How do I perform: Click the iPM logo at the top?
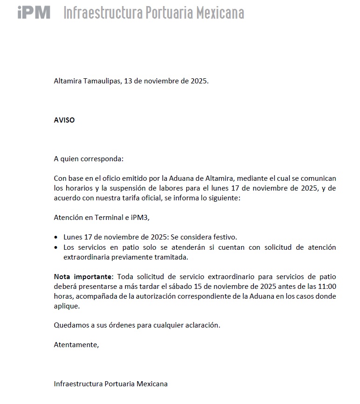point(34,12)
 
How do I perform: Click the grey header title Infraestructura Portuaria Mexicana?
point(153,13)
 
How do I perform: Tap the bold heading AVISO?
point(64,120)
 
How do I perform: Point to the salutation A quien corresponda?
point(89,159)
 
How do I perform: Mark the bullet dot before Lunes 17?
point(56,238)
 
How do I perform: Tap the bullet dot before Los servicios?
point(56,247)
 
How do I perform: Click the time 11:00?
point(326,287)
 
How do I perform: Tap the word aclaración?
point(201,325)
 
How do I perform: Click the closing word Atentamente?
point(76,345)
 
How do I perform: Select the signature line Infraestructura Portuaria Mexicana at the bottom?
point(111,384)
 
